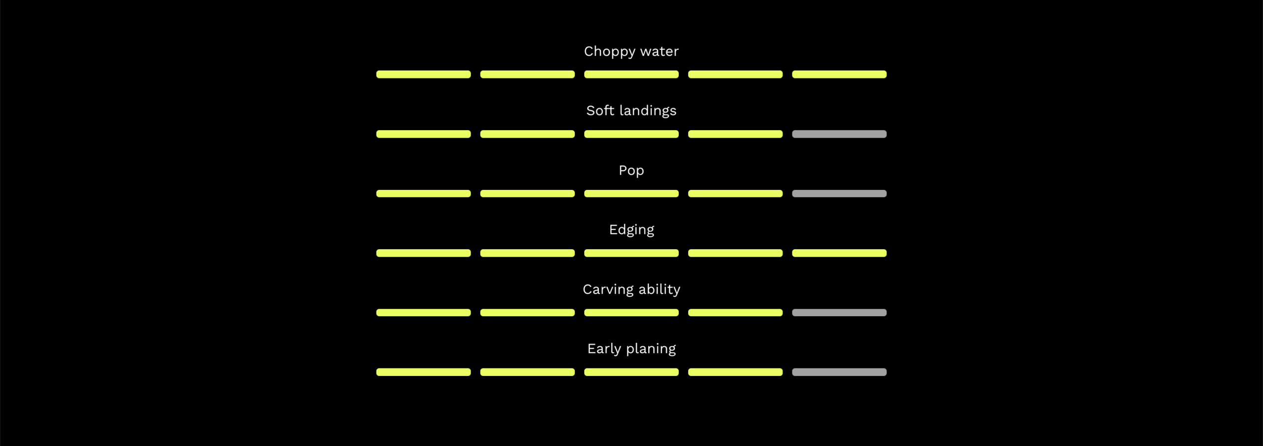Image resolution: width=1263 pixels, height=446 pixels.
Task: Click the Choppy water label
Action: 631,52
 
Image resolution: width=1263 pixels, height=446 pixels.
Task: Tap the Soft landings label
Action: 631,111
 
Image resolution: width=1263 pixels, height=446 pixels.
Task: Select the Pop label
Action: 631,171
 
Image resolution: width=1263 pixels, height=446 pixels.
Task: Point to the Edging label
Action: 631,230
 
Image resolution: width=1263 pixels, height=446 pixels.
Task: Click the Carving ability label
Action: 631,290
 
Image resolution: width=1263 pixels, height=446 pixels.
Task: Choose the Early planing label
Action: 631,349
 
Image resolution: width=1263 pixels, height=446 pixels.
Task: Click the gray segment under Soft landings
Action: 839,134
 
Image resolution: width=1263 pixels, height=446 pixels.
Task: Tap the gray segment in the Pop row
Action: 839,194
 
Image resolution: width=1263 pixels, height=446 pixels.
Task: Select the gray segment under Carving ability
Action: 839,313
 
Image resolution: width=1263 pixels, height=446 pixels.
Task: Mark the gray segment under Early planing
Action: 839,372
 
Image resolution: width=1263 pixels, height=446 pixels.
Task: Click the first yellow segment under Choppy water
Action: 423,74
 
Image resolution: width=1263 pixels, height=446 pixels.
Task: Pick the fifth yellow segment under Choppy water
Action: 839,74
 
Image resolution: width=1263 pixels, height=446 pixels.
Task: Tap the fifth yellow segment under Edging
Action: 839,253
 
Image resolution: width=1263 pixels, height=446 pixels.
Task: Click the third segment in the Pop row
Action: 631,194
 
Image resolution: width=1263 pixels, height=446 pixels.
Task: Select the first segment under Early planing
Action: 423,372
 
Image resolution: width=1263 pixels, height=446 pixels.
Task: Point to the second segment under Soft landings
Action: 527,134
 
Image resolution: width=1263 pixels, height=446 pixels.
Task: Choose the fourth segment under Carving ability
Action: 735,313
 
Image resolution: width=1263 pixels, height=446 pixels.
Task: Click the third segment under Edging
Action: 631,253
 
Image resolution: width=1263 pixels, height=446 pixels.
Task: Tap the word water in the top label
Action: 659,52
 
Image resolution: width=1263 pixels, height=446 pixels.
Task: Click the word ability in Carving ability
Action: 659,290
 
